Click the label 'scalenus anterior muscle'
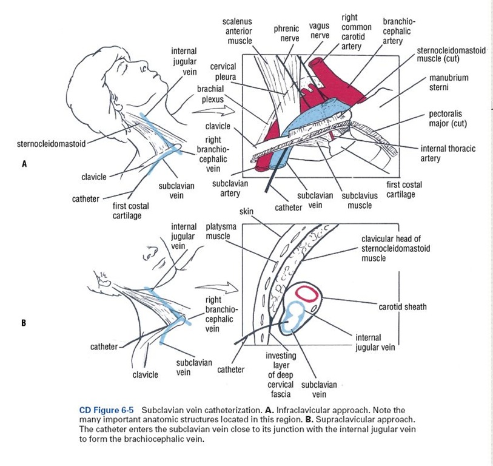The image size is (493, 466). (239, 31)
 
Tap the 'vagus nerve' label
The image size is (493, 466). (319, 31)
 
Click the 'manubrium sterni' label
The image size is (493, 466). (448, 83)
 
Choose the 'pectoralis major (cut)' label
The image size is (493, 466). (448, 118)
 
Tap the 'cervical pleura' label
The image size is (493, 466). (224, 72)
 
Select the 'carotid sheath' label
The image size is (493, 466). (402, 306)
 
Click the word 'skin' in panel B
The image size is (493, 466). (246, 211)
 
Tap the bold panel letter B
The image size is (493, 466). (24, 323)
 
